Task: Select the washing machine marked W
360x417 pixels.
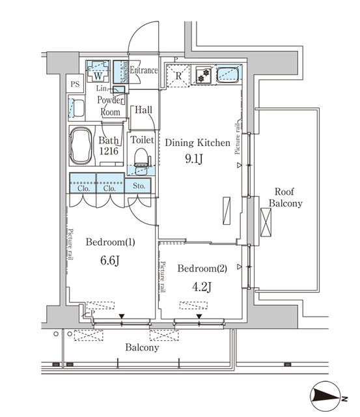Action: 96,70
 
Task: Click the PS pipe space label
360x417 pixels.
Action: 76,84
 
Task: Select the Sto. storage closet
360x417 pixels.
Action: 139,185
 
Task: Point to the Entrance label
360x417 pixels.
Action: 144,70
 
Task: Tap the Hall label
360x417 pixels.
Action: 144,110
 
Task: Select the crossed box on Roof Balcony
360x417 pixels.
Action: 267,223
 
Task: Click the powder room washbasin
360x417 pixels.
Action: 76,108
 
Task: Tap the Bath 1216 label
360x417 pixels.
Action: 107,145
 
